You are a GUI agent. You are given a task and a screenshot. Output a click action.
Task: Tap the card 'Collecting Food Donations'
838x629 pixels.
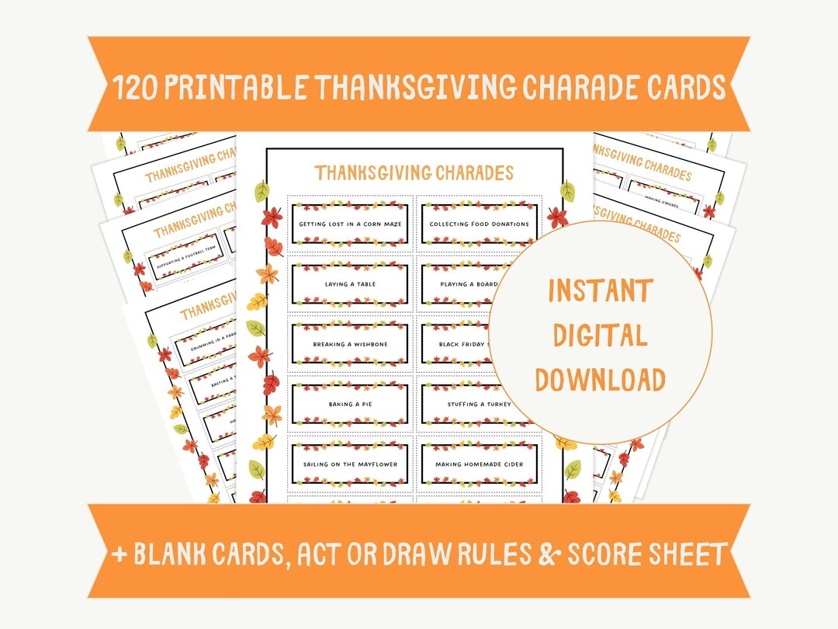479,224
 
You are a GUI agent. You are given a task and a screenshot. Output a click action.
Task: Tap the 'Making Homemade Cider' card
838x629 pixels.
479,464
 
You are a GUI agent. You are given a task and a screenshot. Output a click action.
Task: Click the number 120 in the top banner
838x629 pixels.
140,88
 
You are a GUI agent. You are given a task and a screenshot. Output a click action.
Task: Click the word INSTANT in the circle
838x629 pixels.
600,291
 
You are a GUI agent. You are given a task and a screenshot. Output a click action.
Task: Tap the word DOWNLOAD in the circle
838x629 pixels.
600,380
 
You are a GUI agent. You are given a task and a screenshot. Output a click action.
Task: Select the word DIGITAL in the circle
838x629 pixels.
600,335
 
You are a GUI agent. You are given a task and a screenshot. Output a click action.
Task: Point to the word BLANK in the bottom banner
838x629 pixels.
172,554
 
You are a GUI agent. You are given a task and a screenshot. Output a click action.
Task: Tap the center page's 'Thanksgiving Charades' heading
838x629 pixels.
414,172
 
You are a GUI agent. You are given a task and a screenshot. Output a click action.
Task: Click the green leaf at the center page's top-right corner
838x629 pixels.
568,192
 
